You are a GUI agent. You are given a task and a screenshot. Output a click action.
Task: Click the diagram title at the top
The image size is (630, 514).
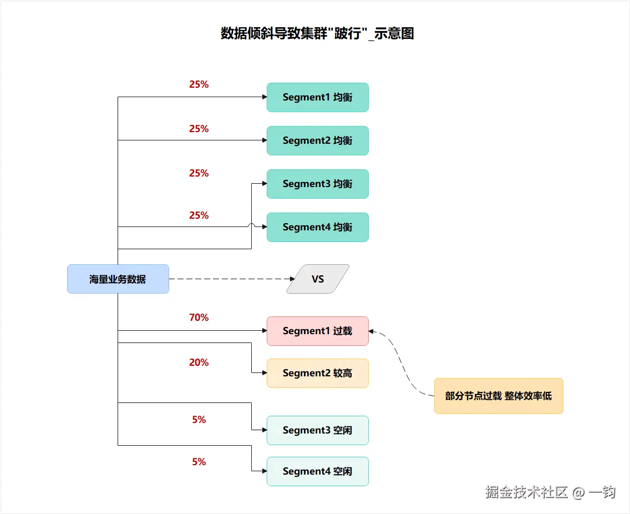tap(317, 33)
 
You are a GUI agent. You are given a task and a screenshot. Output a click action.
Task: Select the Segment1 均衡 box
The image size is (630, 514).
tap(317, 97)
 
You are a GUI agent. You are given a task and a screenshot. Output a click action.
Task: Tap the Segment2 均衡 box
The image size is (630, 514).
tap(317, 140)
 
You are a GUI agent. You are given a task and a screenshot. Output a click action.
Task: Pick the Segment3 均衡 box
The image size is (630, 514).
tap(317, 184)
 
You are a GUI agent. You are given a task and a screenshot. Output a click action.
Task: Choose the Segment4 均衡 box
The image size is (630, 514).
tap(317, 227)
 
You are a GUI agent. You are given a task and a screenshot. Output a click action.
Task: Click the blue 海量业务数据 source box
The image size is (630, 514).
tap(118, 279)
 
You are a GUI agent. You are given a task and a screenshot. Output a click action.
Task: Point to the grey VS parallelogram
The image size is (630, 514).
tap(318, 279)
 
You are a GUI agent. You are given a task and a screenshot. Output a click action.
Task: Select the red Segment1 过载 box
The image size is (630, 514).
tap(317, 331)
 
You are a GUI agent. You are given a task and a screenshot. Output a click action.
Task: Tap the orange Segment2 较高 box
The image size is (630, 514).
tap(317, 373)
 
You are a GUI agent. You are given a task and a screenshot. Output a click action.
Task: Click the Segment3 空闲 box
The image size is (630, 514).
tap(317, 430)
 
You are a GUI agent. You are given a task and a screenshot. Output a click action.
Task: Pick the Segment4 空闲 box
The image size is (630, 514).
tap(317, 471)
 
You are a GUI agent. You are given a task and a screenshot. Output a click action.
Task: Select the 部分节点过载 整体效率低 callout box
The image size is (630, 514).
tap(498, 396)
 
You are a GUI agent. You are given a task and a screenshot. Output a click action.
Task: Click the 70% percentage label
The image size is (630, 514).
tap(199, 318)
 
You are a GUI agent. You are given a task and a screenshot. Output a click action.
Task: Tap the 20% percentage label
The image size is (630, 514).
tap(199, 362)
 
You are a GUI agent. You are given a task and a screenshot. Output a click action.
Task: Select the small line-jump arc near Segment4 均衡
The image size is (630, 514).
tap(251, 225)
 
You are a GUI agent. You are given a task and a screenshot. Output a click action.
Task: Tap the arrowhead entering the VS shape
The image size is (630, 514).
tap(294, 279)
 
